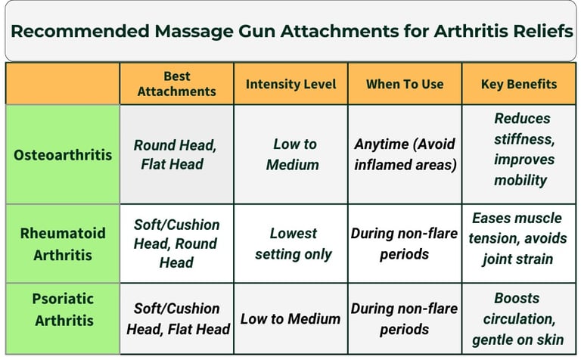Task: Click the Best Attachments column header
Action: coord(177,83)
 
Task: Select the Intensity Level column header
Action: coord(291,84)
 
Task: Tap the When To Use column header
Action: coord(405,84)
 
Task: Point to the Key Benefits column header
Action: coord(519,84)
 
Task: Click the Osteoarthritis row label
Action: coord(63,154)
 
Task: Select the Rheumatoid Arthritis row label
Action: coord(63,243)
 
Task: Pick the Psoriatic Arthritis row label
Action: coord(63,318)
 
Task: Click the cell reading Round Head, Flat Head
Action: coord(177,154)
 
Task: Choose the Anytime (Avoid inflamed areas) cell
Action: coord(405,154)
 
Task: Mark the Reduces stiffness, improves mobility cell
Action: coord(522,149)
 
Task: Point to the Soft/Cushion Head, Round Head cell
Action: coord(177,244)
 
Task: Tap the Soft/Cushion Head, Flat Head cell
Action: coord(178,318)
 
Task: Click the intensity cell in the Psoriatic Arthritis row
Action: coord(291,318)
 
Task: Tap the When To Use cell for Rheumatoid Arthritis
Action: coord(405,244)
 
